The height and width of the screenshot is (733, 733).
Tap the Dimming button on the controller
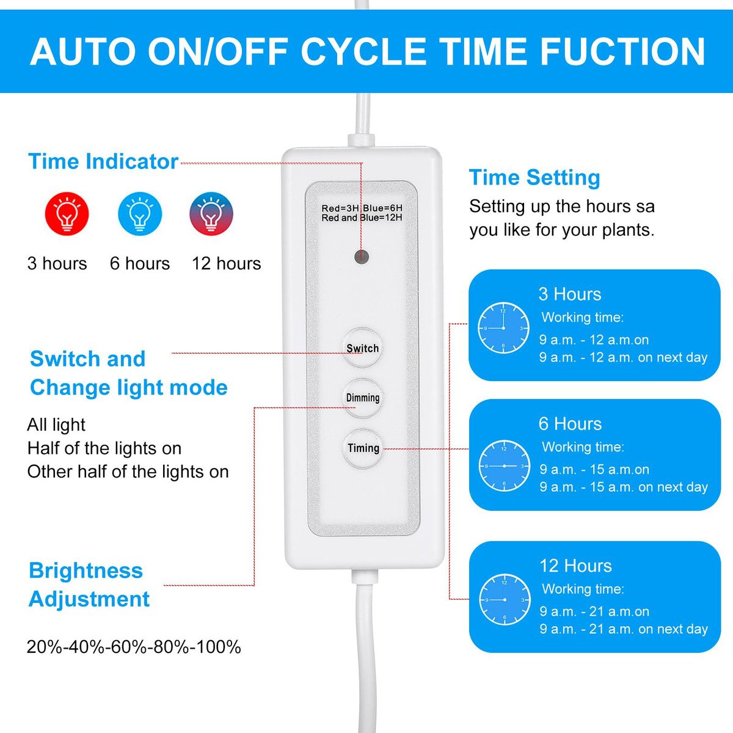362,398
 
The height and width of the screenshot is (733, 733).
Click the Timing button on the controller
363,448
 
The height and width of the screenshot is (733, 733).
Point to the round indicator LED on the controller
362,257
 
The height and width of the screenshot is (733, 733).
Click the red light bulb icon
67,213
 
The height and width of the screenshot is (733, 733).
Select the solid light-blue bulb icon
140,213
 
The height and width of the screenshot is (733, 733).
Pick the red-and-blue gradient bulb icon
211,213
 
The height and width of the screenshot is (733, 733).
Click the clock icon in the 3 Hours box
503,328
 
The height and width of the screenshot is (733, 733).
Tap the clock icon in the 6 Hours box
504,465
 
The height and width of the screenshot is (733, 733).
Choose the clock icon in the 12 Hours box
505,599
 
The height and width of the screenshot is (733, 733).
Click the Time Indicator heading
103,161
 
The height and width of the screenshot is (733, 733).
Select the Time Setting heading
534,177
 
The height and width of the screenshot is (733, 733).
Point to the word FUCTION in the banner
622,51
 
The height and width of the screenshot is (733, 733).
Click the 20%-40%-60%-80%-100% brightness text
134,647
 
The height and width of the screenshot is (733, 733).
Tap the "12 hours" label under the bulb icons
227,263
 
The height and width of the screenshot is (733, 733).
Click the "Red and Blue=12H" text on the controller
362,217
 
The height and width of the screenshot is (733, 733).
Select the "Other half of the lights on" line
128,472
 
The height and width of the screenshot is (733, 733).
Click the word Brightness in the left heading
86,571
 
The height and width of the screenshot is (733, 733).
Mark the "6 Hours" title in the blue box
570,423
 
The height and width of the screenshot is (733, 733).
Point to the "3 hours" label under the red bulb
57,263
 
